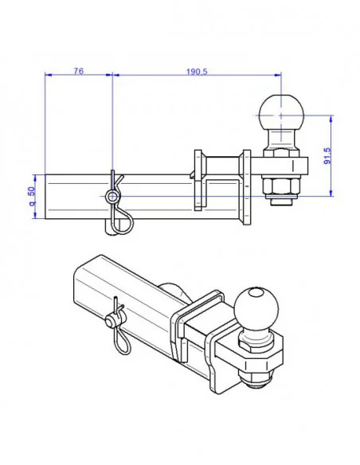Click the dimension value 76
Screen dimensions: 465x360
(x=78, y=71)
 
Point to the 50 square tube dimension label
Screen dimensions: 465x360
(x=31, y=196)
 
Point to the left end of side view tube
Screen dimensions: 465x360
(x=47, y=197)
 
